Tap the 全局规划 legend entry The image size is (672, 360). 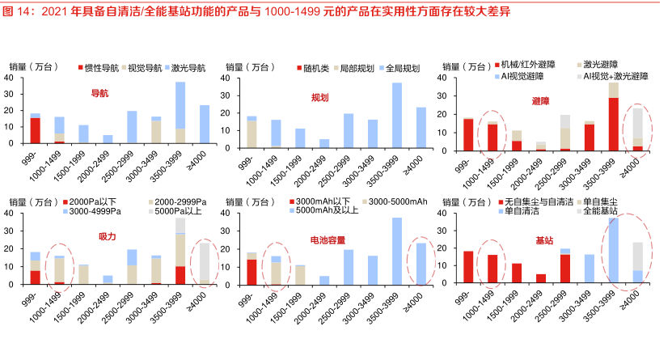pos(402,68)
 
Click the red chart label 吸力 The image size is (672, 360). pos(107,236)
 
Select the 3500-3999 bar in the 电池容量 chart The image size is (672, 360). pos(397,251)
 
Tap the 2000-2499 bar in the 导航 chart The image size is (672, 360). pos(108,139)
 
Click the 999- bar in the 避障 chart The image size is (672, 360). pos(468,131)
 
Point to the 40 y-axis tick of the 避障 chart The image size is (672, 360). pos(444,78)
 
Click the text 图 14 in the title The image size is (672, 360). pos(19,11)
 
